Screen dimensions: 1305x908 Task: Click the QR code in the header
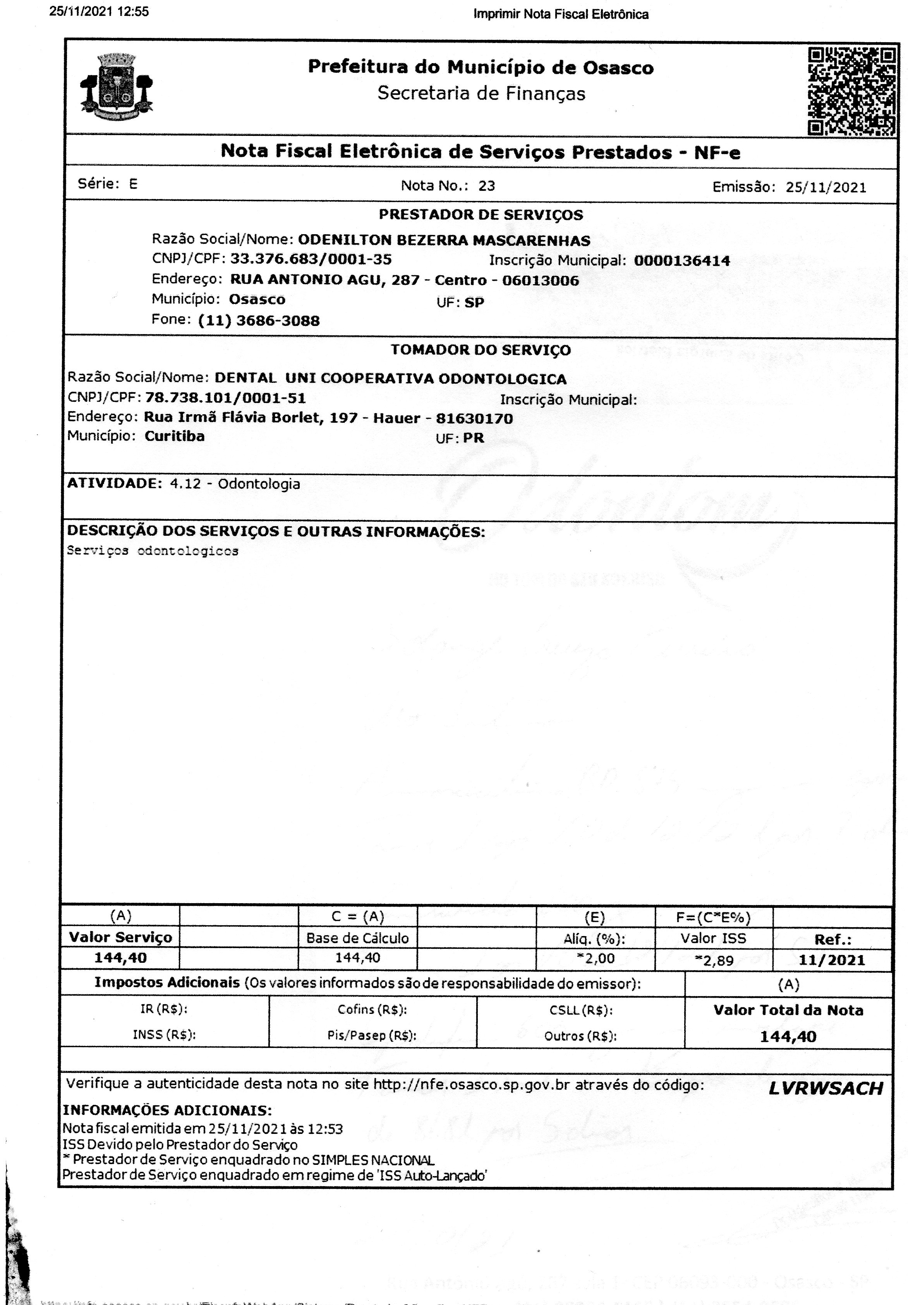click(x=852, y=91)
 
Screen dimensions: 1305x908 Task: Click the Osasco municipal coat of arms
click(x=117, y=86)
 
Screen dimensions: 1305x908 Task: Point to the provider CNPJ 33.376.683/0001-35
click(x=311, y=260)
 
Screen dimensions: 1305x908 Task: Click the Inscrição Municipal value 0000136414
click(x=682, y=261)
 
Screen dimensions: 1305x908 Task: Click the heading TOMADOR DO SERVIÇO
click(x=481, y=350)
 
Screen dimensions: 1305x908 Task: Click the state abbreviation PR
click(x=473, y=438)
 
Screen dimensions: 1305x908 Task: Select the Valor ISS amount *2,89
click(x=714, y=960)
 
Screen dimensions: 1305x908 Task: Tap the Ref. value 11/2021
click(x=831, y=960)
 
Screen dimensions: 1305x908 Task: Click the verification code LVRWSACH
click(x=826, y=1088)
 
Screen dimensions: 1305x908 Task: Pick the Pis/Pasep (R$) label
click(x=372, y=1035)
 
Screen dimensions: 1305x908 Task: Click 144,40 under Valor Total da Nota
click(x=788, y=1036)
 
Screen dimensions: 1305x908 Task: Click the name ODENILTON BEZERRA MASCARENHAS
click(x=444, y=240)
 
